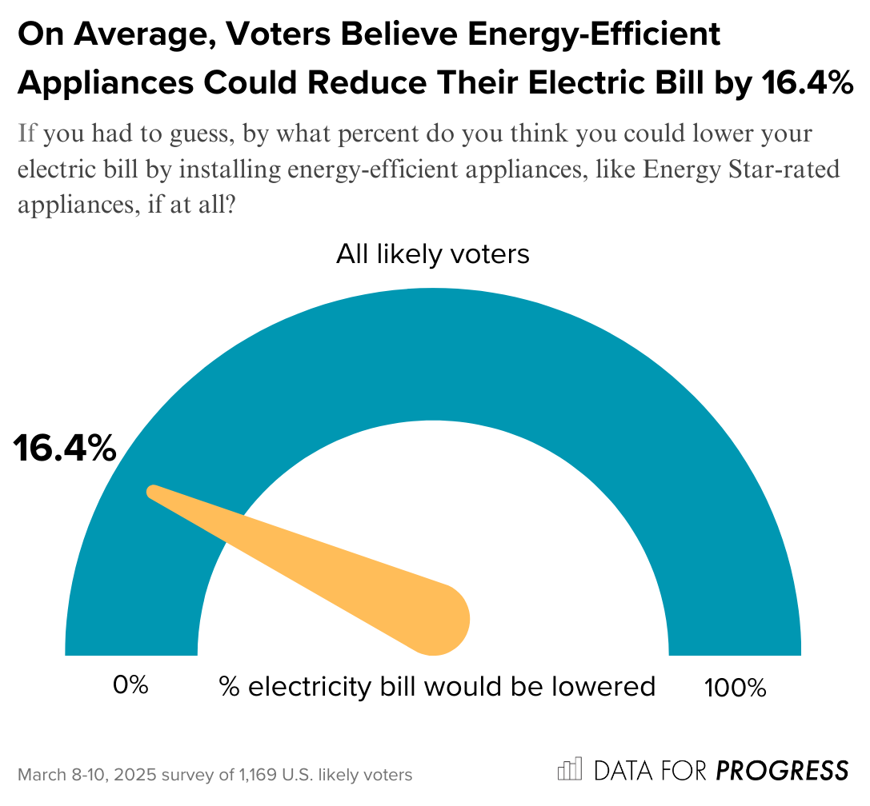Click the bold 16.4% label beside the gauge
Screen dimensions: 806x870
(65, 450)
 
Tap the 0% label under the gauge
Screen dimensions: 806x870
(130, 685)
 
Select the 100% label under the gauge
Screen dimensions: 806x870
(735, 687)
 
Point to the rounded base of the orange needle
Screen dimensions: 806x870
(439, 620)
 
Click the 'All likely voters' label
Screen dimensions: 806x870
(433, 254)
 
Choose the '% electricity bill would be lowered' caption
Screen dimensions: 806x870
(437, 686)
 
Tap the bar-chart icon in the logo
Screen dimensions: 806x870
(570, 769)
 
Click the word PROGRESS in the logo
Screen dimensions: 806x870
(781, 770)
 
